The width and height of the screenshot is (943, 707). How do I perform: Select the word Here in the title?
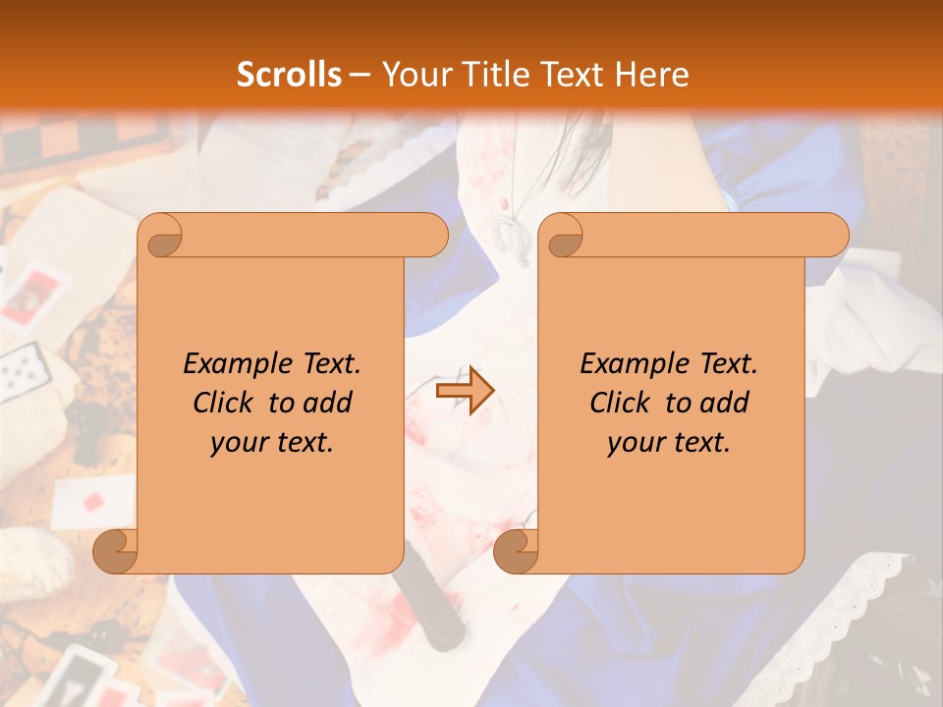(x=652, y=75)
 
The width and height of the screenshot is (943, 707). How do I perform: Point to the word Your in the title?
(x=414, y=75)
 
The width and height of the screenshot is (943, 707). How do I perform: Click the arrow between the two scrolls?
(x=465, y=391)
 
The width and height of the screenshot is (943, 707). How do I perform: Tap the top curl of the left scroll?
(x=161, y=236)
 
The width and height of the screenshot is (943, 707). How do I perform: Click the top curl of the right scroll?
(x=562, y=236)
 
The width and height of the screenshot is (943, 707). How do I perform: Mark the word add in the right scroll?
(x=724, y=403)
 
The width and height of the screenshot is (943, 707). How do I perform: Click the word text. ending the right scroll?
(x=701, y=443)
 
